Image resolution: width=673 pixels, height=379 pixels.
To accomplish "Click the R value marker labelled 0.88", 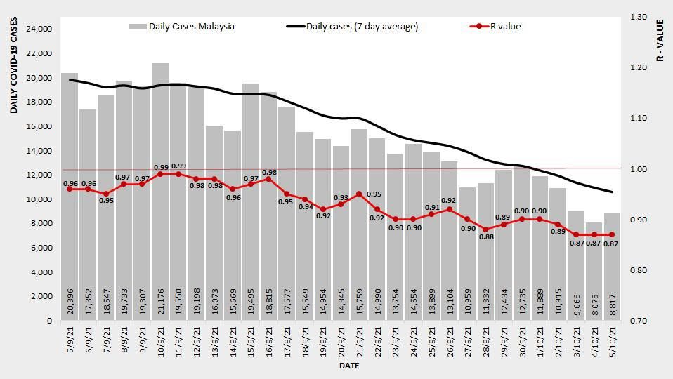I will point(485,230).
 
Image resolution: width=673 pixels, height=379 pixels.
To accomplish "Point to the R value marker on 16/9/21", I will point(269,179).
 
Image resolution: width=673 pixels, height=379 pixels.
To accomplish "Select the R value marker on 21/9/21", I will point(359,194).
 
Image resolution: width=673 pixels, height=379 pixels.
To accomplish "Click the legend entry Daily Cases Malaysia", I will point(182,27).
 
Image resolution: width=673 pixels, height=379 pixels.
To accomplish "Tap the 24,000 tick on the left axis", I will point(39,29).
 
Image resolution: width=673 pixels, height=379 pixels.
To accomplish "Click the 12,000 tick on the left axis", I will point(39,175).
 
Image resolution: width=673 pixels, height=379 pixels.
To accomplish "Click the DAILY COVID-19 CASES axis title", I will point(14,66).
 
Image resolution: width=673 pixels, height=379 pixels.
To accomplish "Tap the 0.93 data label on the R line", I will point(341,197).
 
